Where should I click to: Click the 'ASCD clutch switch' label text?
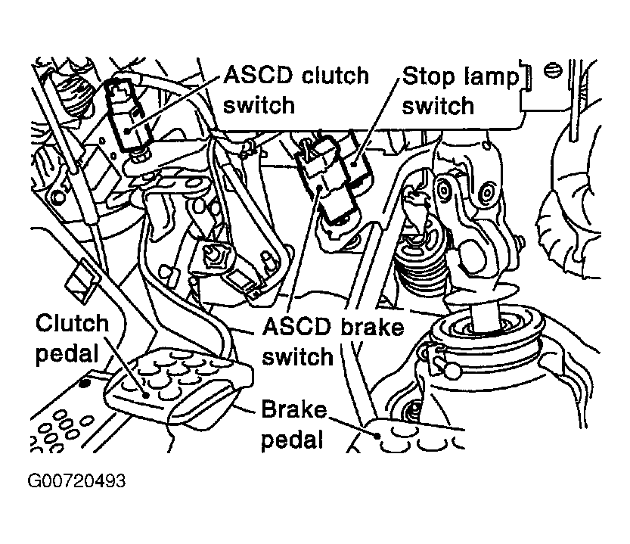pyautogui.click(x=296, y=89)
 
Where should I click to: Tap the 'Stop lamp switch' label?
pyautogui.click(x=459, y=89)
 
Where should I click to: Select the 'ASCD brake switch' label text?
pyautogui.click(x=332, y=341)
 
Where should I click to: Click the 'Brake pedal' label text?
pyautogui.click(x=294, y=424)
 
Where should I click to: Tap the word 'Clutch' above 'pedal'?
pyautogui.click(x=73, y=325)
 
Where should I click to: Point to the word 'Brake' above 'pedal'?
pyautogui.click(x=294, y=411)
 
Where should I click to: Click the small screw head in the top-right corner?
pyautogui.click(x=554, y=70)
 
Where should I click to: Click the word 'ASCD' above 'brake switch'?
pyautogui.click(x=297, y=327)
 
